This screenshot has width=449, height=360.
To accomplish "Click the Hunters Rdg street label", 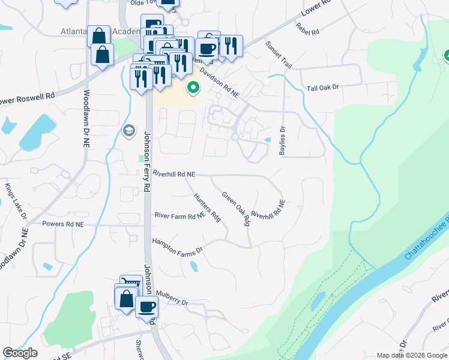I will pos(207,207).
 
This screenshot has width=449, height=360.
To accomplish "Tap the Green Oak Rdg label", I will pos(236,209).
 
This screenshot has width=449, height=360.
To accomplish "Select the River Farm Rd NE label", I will pos(180,215).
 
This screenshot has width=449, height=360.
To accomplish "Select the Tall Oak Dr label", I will pos(323,87).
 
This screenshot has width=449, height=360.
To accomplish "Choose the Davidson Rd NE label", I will pos(220,83).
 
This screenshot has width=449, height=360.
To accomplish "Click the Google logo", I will pos(20,353).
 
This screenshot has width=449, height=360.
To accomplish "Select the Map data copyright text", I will pos(411,355).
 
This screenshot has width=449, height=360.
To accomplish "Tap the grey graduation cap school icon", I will pos(128,130).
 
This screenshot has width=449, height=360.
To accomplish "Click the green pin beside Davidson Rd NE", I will pos(193,89).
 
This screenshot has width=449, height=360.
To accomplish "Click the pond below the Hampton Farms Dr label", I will pos(193,266).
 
